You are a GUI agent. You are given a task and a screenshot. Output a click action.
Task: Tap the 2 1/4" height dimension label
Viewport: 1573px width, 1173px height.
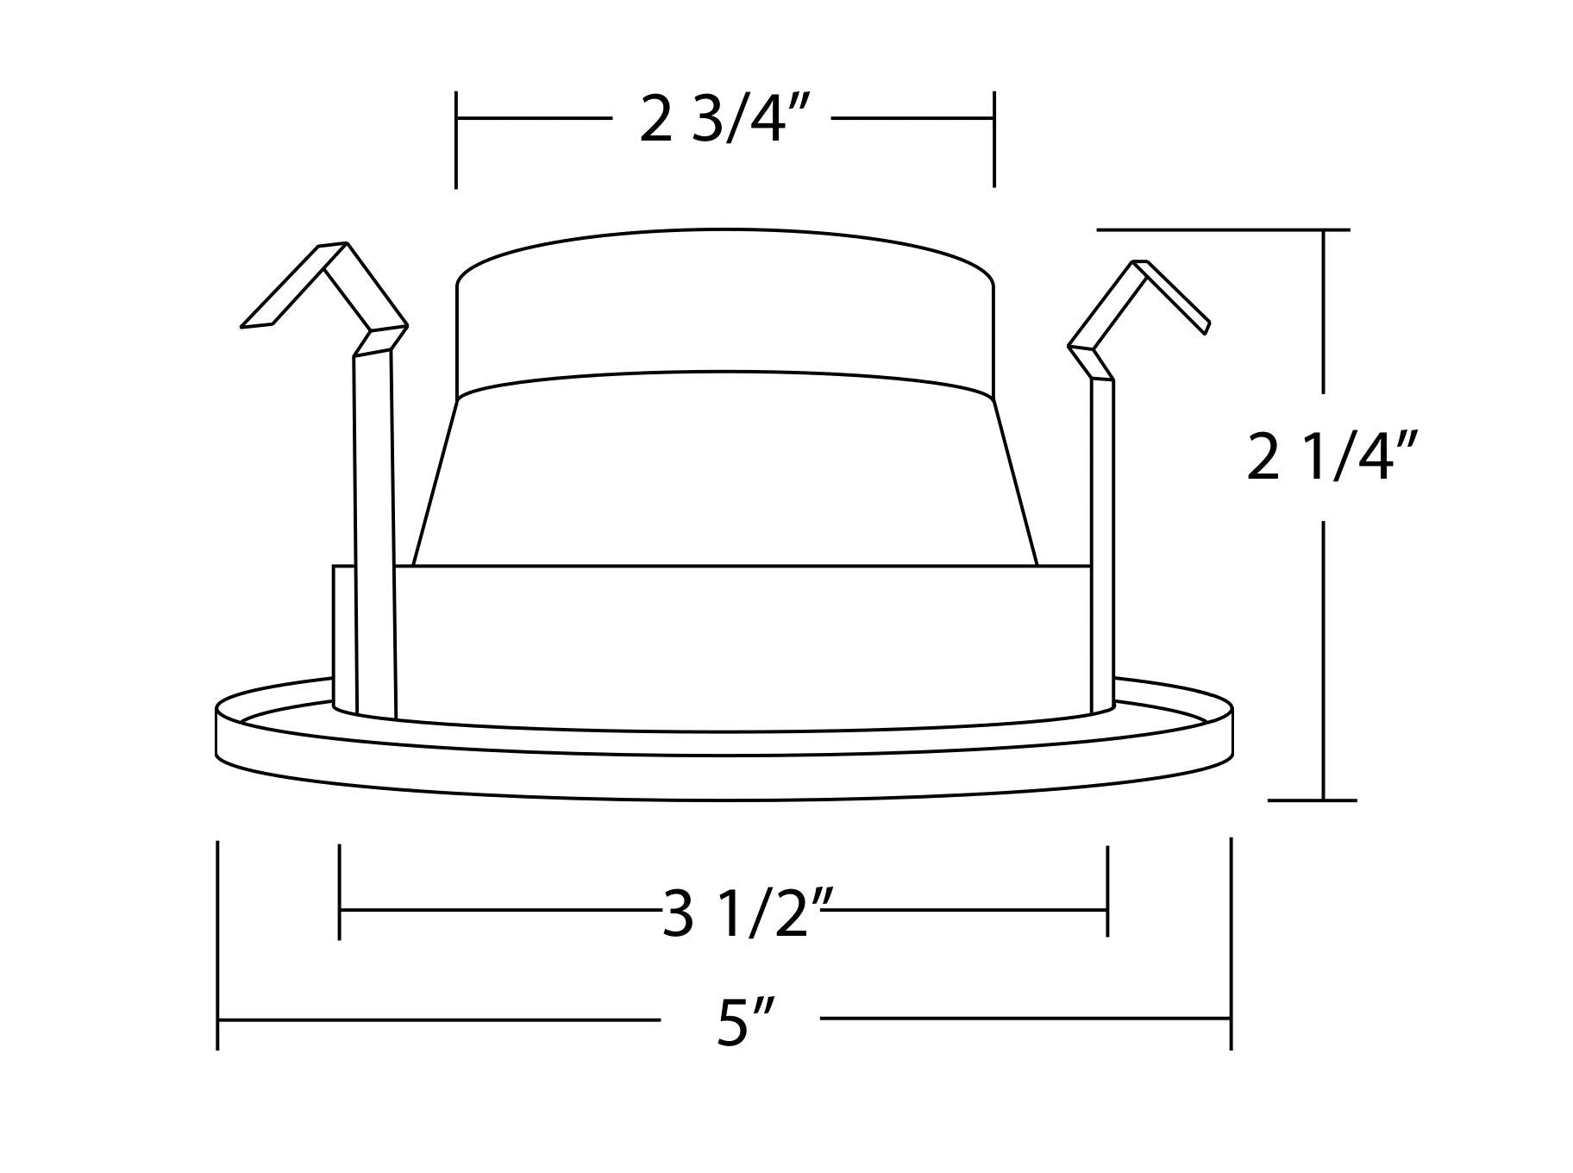click(x=1332, y=458)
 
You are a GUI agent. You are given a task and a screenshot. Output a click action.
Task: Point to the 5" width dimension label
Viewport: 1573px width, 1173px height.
click(x=743, y=1022)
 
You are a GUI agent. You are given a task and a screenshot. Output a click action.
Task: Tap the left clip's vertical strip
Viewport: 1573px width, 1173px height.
click(x=374, y=535)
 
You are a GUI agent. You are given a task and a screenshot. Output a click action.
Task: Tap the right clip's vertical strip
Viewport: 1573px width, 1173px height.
click(x=1102, y=543)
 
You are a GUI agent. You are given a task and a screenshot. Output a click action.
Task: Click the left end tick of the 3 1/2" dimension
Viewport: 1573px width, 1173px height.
click(x=340, y=891)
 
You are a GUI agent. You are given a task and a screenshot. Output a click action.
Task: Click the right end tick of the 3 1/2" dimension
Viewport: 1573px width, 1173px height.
click(x=1107, y=891)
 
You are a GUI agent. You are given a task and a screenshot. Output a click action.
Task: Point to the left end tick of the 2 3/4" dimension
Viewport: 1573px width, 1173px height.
click(x=456, y=139)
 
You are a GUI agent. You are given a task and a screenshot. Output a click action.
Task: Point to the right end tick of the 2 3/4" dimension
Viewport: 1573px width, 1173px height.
click(x=994, y=139)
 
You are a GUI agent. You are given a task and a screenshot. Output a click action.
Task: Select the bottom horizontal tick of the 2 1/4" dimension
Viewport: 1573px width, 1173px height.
click(x=1311, y=800)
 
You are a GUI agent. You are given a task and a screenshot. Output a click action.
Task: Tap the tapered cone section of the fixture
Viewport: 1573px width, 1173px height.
click(x=724, y=470)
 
